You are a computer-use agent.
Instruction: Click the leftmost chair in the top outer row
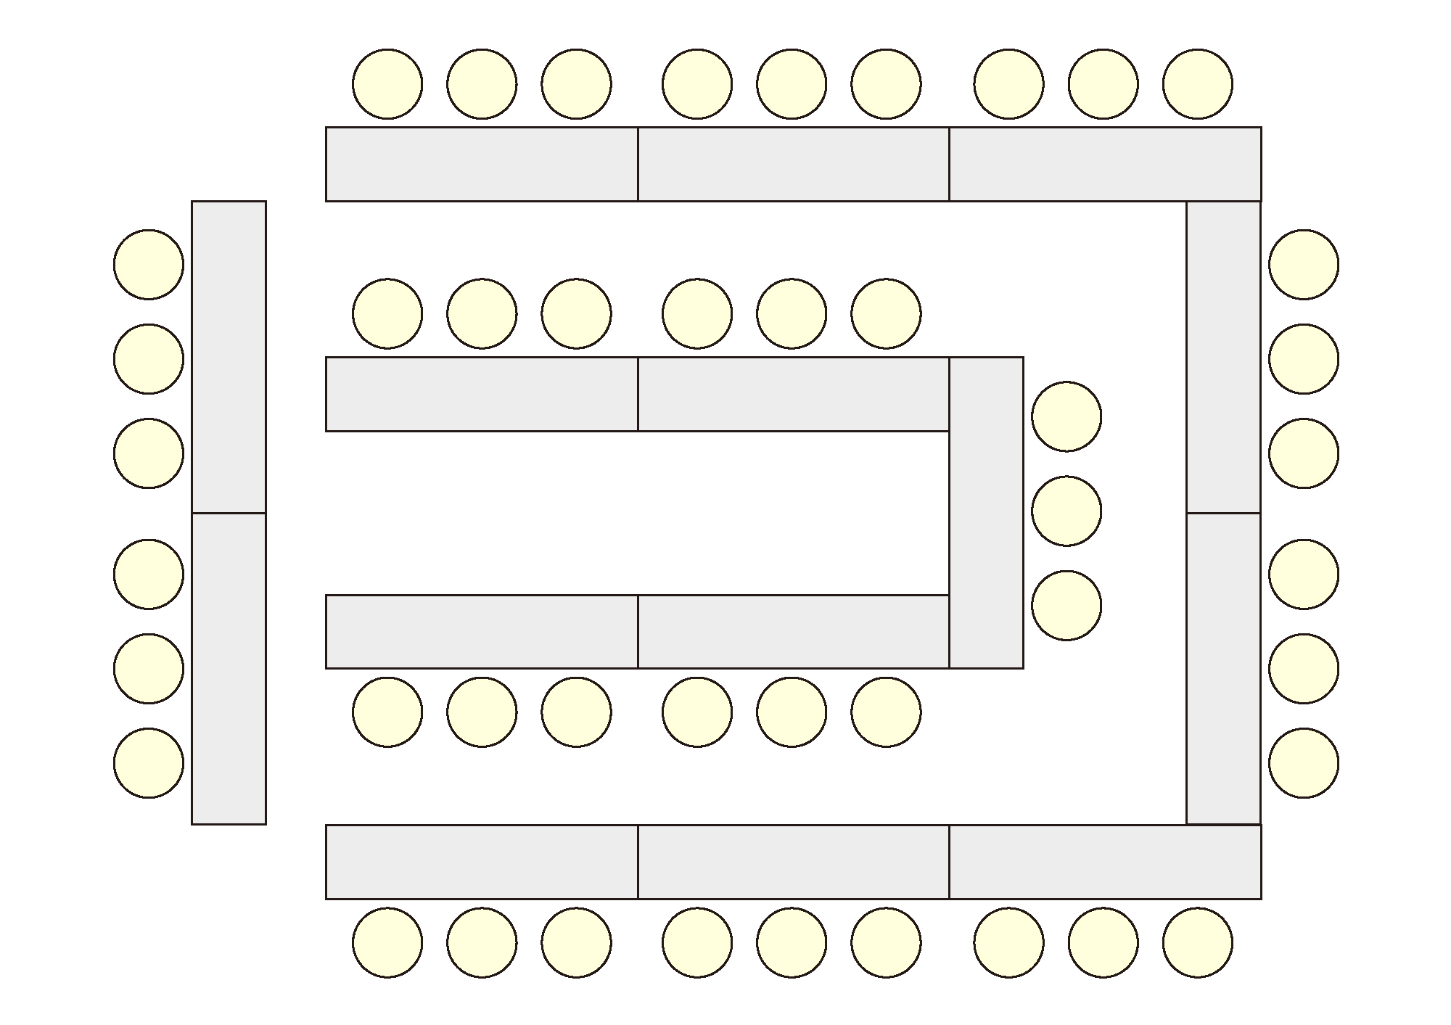click(387, 84)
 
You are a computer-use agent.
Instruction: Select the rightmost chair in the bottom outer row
click(1197, 942)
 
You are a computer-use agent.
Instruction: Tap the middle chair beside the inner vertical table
click(1066, 511)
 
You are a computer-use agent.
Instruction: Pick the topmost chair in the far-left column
click(149, 265)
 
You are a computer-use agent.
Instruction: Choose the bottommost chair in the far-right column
click(1304, 763)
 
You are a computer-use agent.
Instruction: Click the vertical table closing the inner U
click(987, 512)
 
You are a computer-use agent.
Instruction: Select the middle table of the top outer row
click(793, 164)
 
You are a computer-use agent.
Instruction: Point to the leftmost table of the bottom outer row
click(482, 862)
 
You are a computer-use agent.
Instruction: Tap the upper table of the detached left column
click(229, 357)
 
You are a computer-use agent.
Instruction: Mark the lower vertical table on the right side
click(1223, 668)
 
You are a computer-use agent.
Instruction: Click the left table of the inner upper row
click(482, 394)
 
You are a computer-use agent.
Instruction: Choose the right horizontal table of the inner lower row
click(793, 631)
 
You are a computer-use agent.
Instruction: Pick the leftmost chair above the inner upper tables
click(387, 313)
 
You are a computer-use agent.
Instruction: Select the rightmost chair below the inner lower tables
click(886, 712)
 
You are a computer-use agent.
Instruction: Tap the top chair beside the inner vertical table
click(1066, 416)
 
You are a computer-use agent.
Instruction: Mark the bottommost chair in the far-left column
click(149, 763)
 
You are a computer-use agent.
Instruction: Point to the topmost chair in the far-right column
click(1304, 265)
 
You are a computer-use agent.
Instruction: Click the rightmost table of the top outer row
click(1105, 164)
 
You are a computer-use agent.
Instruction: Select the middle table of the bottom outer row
click(793, 862)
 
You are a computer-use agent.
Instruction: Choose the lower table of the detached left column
click(229, 668)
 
